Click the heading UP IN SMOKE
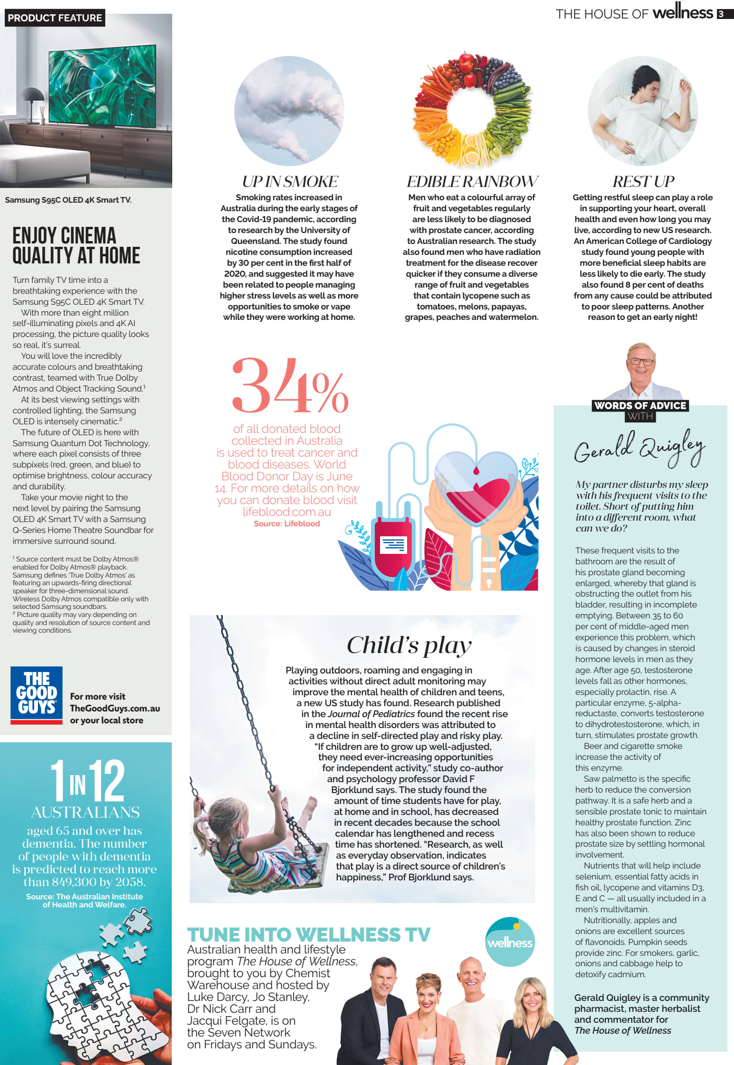tap(289, 181)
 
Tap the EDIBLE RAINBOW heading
tap(472, 181)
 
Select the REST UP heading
tap(643, 181)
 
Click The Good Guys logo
tap(37, 695)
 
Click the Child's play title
tap(409, 645)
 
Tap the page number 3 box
tap(721, 14)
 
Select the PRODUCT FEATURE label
tap(55, 18)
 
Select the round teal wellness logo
tap(510, 942)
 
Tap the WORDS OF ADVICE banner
tap(640, 406)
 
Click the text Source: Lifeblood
tap(287, 523)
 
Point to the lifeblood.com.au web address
tap(287, 512)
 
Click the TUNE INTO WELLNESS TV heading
tap(308, 934)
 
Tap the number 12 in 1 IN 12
tap(107, 781)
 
